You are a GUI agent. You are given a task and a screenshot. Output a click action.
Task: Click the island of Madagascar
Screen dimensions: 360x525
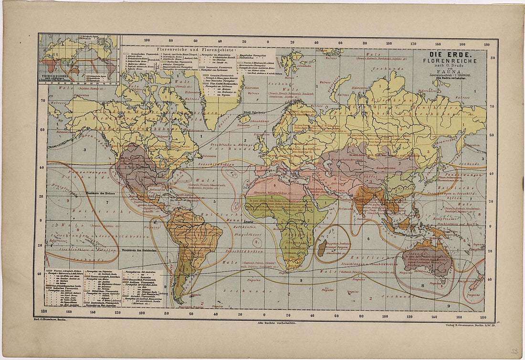[322, 248]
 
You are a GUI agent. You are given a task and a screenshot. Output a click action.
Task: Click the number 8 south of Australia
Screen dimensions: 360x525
[422, 286]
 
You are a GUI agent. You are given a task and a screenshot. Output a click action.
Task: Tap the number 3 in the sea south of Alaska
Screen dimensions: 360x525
[84, 149]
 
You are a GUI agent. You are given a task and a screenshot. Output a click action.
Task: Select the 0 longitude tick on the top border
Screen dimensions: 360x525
[268, 42]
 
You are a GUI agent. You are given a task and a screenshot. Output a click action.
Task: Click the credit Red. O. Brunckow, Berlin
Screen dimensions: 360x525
[50, 323]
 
